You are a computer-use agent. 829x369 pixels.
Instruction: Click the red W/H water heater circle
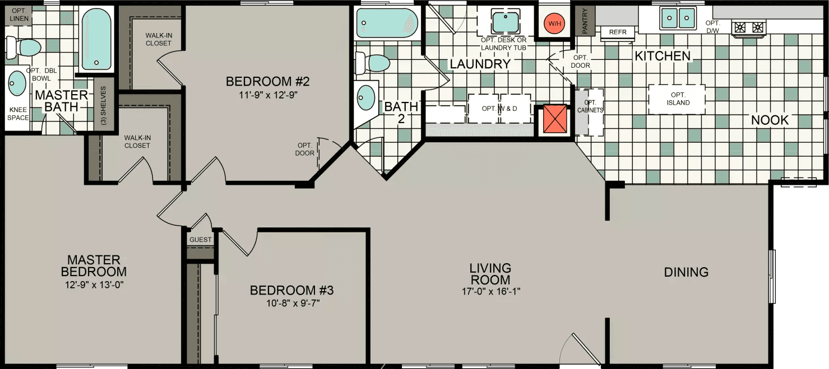[x=554, y=24]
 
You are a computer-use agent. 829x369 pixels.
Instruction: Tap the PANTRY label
[x=585, y=21]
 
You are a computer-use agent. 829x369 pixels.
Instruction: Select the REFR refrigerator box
[x=618, y=32]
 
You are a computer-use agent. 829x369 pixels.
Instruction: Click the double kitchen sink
[x=678, y=18]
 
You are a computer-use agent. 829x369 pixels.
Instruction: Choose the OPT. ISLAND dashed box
[x=677, y=99]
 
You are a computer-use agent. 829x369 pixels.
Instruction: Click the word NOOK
[x=770, y=120]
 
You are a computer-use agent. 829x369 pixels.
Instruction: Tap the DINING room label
[x=686, y=272]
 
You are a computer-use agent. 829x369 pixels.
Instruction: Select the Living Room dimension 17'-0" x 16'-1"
[x=490, y=292]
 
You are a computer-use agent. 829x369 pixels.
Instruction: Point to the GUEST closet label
[x=201, y=240]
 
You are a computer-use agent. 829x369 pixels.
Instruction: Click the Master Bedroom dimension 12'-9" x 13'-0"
[x=94, y=284]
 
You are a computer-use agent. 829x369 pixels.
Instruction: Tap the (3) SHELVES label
[x=104, y=105]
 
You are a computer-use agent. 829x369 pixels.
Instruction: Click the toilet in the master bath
[x=24, y=47]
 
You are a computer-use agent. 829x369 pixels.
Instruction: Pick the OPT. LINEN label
[x=20, y=15]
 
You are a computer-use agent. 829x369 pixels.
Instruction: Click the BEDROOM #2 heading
[x=268, y=82]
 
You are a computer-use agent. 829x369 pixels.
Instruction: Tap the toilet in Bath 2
[x=373, y=63]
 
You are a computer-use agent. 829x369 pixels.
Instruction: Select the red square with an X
[x=553, y=120]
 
